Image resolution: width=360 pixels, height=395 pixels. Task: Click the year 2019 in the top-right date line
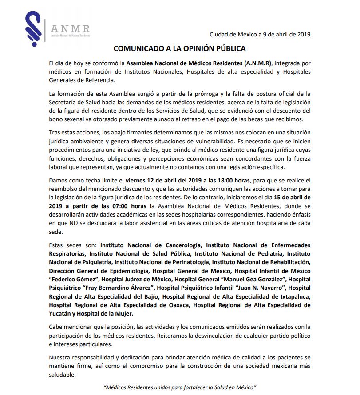pos(303,35)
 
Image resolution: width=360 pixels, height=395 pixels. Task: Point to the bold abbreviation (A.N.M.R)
pos(252,63)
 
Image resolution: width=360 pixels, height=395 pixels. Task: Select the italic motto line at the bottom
pos(180,387)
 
